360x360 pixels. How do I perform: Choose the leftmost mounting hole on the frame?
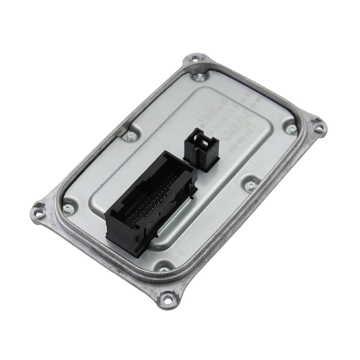coord(39,206)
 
